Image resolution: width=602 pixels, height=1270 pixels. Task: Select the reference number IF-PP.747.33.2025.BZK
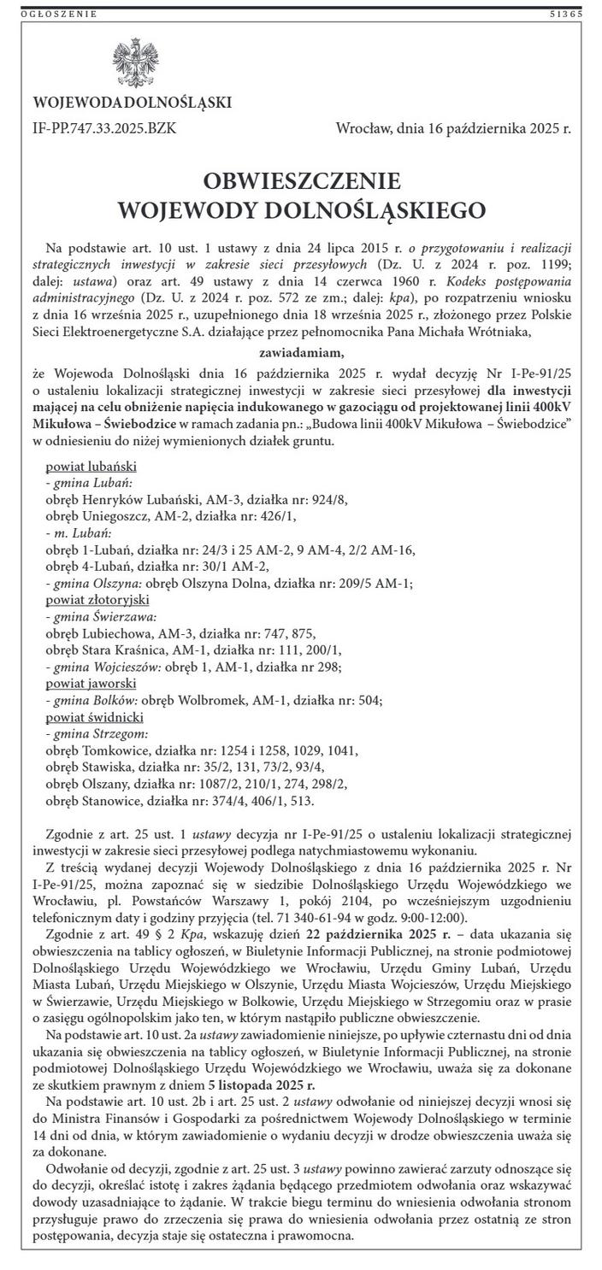click(106, 129)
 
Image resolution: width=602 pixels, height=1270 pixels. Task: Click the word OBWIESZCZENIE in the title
click(302, 181)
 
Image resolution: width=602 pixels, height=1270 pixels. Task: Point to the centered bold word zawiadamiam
click(301, 351)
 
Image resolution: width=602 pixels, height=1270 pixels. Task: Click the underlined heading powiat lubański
click(91, 467)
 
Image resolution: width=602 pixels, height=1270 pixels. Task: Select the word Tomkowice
click(118, 750)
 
